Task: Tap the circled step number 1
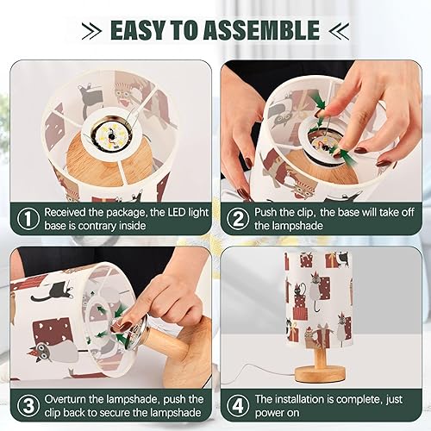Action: (x=28, y=219)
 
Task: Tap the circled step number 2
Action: (x=237, y=219)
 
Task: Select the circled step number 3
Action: (x=28, y=406)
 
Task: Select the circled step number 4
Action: (x=237, y=406)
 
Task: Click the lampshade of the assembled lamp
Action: (x=319, y=297)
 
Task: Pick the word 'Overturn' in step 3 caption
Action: (x=68, y=399)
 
